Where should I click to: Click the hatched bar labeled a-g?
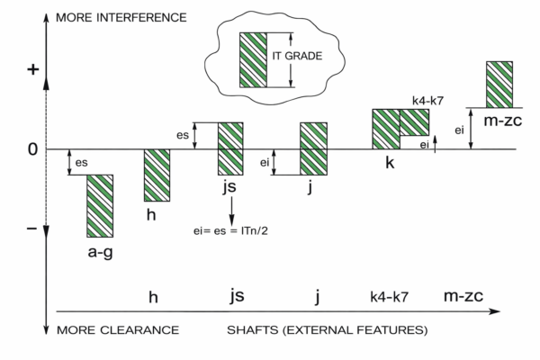pyautogui.click(x=100, y=205)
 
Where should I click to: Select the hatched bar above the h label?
pyautogui.click(x=157, y=175)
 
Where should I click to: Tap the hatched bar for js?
pyautogui.click(x=231, y=148)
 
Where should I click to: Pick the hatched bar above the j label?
pyautogui.click(x=313, y=148)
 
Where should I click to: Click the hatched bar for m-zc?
pyautogui.click(x=499, y=84)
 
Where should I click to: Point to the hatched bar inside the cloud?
pyautogui.click(x=252, y=60)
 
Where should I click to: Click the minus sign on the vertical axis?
pyautogui.click(x=32, y=228)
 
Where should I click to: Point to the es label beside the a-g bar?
pyautogui.click(x=81, y=162)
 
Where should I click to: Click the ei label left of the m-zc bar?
pyautogui.click(x=459, y=130)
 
